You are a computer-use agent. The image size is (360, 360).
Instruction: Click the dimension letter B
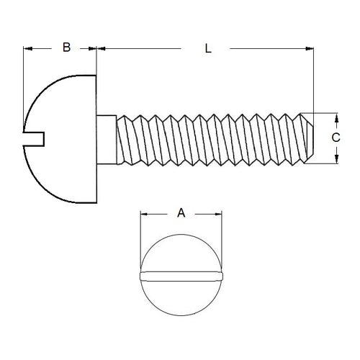[66, 48]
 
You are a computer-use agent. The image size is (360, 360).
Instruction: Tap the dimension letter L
[207, 49]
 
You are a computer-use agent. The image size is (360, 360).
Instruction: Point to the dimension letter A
[181, 212]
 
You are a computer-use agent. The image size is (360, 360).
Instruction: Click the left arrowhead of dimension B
[28, 49]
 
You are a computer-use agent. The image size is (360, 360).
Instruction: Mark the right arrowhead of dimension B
[93, 49]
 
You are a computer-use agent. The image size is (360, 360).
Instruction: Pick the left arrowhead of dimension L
[102, 49]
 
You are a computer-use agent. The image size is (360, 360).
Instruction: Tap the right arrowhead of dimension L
[311, 49]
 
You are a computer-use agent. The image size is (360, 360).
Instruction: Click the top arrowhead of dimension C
[335, 117]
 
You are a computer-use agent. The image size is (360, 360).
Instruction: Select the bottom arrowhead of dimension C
[335, 160]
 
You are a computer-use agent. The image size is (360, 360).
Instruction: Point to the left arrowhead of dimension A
[143, 213]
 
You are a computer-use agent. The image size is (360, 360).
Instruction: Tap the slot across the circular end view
[181, 274]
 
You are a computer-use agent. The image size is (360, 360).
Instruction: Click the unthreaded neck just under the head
[106, 137]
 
